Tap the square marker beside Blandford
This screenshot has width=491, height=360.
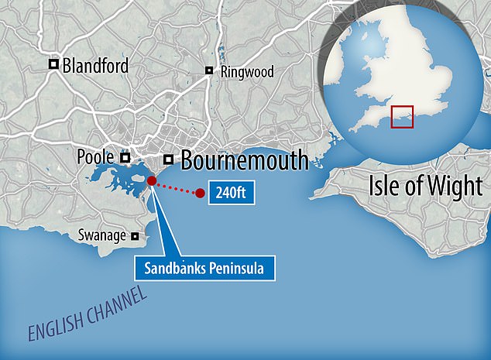[x=53, y=65]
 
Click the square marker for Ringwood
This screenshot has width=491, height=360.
[x=209, y=70]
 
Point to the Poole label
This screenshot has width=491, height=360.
[x=95, y=157]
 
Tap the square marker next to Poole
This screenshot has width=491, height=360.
[x=125, y=157]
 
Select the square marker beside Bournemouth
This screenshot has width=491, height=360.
[x=167, y=160]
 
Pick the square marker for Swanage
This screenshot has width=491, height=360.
[x=135, y=236]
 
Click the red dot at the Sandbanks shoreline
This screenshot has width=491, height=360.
[x=152, y=180]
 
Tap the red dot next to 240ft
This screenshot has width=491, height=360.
[x=201, y=193]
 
